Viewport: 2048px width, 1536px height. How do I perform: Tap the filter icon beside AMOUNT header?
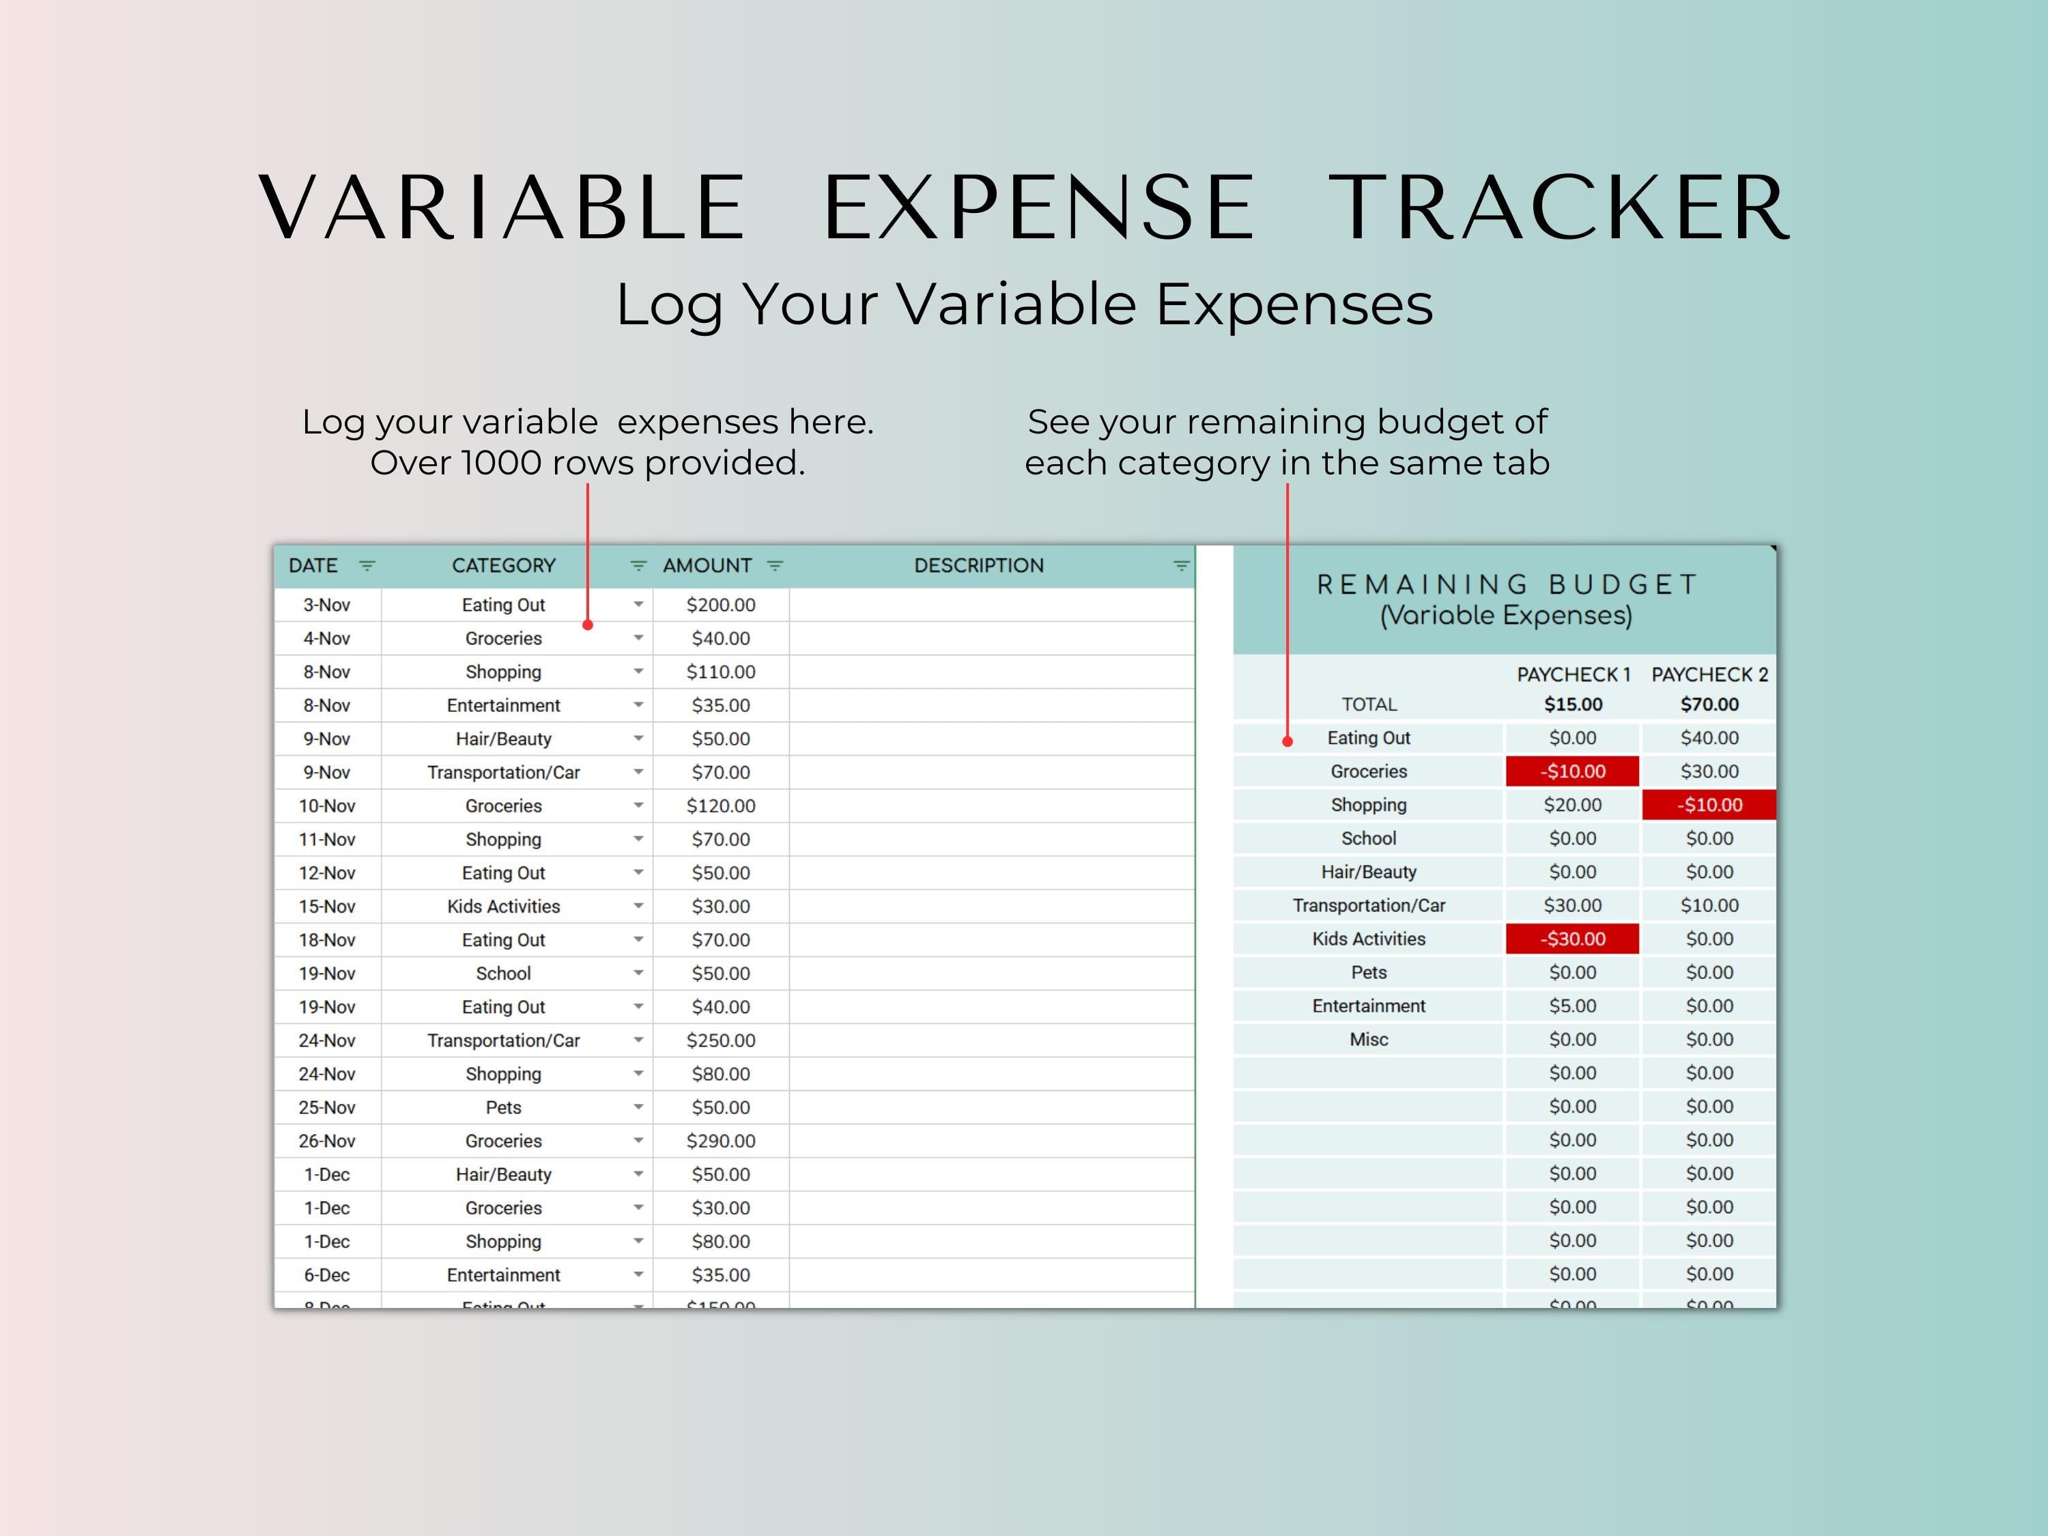pos(775,566)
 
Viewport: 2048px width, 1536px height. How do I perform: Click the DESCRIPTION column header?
pos(979,566)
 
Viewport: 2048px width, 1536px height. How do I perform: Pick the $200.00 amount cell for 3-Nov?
pos(720,606)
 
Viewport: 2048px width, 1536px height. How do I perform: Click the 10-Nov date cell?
pos(327,806)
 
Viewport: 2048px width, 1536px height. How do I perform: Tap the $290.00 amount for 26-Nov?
pos(720,1141)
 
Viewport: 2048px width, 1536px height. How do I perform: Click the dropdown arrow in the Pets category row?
pos(638,1107)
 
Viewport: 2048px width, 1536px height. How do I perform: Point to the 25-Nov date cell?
pos(327,1108)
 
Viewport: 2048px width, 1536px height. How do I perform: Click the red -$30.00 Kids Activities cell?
pos(1572,939)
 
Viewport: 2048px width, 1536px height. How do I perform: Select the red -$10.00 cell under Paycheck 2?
pos(1709,806)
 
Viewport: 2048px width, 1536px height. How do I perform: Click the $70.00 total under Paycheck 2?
pos(1709,705)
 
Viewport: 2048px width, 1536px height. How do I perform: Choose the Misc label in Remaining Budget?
pos(1369,1040)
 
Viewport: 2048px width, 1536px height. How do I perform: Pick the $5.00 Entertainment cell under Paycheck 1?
pos(1572,1006)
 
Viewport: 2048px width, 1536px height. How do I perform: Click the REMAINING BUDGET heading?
pos(1507,585)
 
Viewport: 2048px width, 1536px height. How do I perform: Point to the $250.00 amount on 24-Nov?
pos(720,1040)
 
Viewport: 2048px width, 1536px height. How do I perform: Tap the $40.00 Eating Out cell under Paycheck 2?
pos(1709,738)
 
